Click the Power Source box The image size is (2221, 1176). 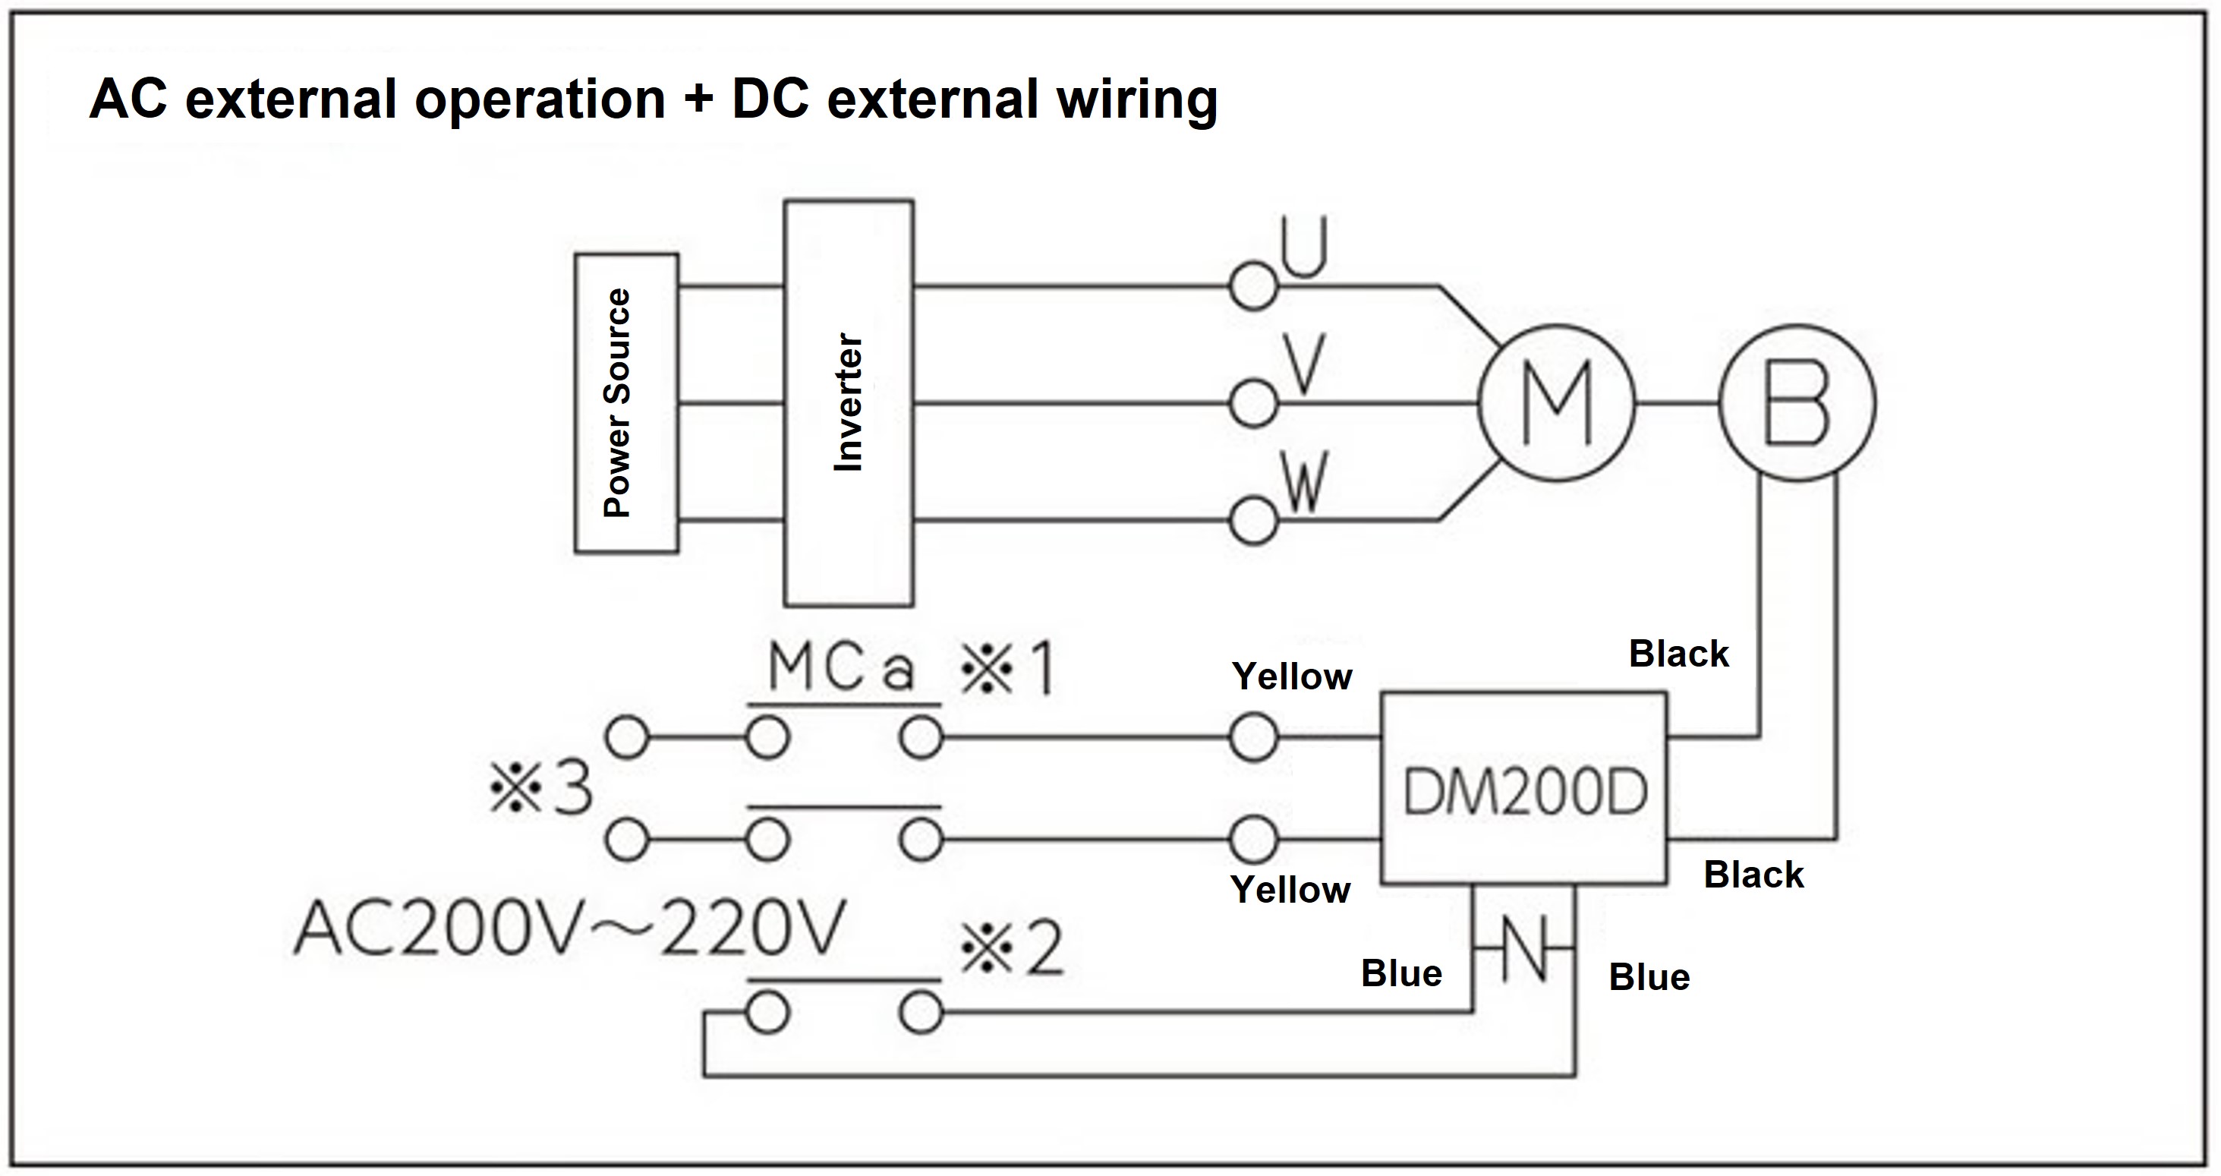point(626,402)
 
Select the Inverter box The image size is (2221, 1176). point(849,402)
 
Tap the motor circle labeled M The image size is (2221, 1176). point(1556,402)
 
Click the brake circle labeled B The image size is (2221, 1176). point(1797,402)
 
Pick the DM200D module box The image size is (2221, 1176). point(1523,789)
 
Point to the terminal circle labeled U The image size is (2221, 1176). point(1252,286)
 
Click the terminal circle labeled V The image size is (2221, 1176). point(1252,402)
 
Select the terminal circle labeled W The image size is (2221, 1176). point(1252,521)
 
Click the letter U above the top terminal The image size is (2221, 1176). point(1303,247)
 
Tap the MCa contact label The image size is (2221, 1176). point(840,668)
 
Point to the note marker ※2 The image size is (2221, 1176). point(1013,949)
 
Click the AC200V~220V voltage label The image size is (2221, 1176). point(569,929)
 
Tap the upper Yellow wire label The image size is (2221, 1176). point(1292,676)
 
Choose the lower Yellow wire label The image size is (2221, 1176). point(1290,890)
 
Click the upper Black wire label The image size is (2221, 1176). point(1678,654)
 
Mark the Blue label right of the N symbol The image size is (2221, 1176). point(1649,978)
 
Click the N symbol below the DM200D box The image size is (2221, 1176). point(1524,948)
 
